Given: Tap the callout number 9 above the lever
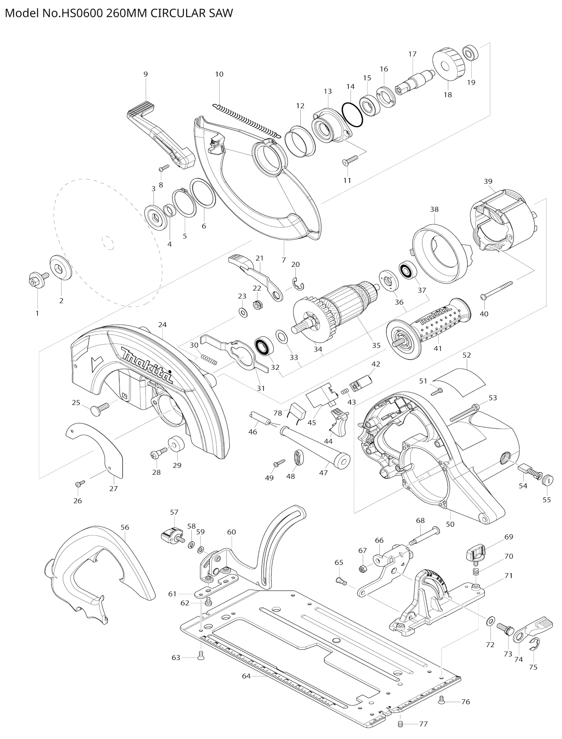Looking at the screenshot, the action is [x=145, y=74].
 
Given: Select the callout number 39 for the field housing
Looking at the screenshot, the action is [x=488, y=181].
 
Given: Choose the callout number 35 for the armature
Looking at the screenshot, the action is [x=376, y=345].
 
